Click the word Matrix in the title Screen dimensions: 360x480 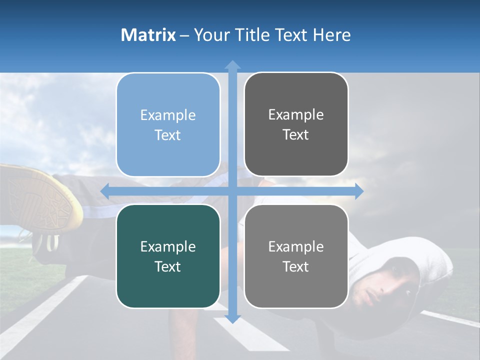point(148,35)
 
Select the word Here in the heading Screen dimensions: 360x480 point(331,35)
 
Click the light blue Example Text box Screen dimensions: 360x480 point(168,125)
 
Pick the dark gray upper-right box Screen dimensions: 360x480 point(296,124)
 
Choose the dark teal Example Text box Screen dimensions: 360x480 point(168,256)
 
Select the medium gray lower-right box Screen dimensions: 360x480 point(296,256)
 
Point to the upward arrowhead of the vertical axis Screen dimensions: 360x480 point(232,64)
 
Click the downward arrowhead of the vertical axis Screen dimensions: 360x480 point(232,318)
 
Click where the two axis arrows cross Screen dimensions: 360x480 point(232,191)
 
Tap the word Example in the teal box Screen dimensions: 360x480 point(168,246)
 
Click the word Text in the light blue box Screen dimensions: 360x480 point(168,135)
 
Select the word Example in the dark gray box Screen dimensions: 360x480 point(296,114)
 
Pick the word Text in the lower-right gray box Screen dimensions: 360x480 point(296,266)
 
